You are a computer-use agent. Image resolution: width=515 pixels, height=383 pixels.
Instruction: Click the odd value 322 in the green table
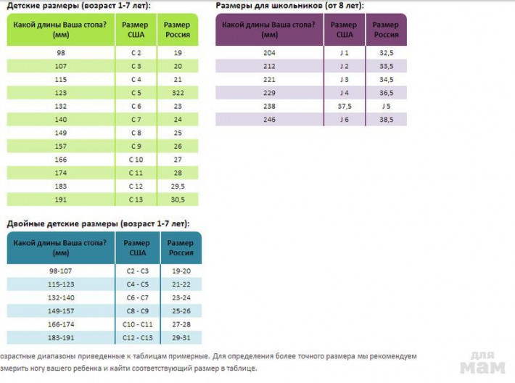178,93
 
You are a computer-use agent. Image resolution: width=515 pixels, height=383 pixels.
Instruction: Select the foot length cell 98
61,53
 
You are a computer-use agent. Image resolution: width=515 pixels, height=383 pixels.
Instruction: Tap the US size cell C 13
136,199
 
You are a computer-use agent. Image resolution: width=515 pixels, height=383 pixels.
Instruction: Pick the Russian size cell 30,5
178,199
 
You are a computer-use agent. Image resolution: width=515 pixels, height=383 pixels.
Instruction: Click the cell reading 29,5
178,186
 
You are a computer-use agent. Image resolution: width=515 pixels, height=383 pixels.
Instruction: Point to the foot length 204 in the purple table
269,53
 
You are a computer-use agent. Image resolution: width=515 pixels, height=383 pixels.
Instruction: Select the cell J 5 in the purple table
386,107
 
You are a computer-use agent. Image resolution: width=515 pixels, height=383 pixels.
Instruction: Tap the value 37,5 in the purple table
345,107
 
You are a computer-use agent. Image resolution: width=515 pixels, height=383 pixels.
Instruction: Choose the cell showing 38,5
386,120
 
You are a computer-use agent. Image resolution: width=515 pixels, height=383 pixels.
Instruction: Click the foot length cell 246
269,120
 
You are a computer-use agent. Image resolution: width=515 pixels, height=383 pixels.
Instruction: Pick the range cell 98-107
61,271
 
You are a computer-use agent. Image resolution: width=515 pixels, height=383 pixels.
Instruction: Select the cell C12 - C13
138,338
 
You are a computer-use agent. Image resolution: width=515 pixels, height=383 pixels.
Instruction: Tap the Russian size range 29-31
181,338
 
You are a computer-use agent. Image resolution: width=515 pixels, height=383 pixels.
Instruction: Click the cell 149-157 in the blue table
61,311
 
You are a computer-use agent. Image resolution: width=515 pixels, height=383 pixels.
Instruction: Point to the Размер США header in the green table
136,30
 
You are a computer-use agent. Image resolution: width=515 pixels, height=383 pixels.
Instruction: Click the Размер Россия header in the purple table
386,30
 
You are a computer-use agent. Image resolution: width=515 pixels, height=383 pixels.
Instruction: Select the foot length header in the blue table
59,248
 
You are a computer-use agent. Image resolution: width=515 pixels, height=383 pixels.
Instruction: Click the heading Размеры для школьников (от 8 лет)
289,6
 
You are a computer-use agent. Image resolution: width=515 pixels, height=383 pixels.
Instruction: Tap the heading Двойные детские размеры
62,224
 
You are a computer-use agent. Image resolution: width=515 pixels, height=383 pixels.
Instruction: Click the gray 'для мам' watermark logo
482,363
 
